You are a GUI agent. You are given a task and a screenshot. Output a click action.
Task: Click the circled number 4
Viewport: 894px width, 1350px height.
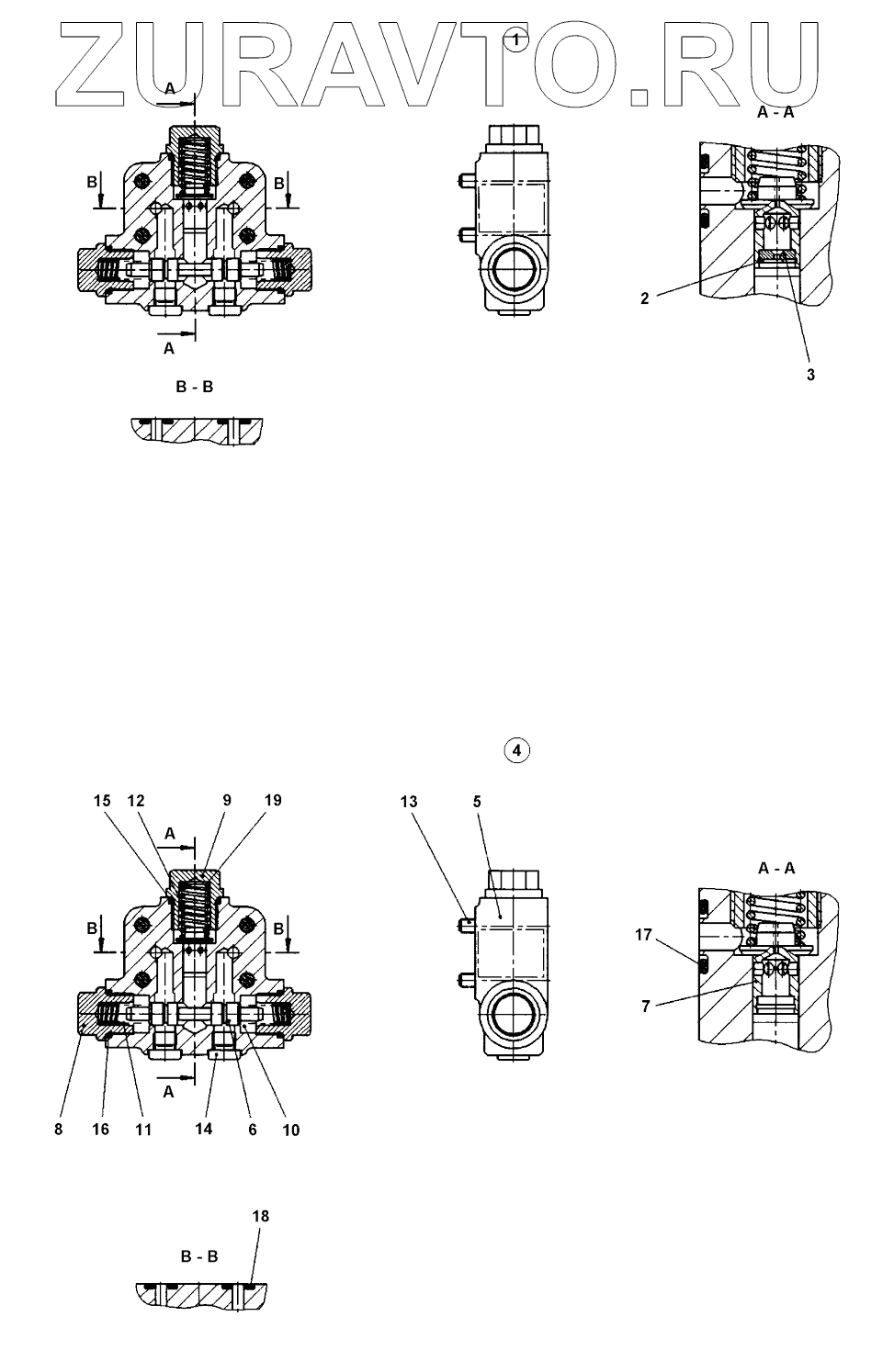point(517,750)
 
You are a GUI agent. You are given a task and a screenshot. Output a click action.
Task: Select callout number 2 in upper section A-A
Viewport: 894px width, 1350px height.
point(645,298)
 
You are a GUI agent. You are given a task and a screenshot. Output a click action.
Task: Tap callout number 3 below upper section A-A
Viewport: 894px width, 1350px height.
point(810,375)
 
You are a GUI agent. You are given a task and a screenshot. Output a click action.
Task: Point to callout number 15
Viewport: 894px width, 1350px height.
point(102,801)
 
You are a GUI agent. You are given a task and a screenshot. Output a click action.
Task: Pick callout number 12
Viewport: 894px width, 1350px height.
point(136,801)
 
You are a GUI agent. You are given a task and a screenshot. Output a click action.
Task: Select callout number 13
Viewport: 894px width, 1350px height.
point(409,802)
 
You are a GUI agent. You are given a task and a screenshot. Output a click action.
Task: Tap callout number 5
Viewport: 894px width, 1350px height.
point(477,802)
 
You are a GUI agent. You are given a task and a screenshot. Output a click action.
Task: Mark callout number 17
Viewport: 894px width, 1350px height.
point(643,935)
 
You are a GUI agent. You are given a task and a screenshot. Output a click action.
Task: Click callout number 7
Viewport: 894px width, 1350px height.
point(646,1007)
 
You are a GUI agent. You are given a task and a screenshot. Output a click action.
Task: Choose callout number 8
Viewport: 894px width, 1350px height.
point(58,1130)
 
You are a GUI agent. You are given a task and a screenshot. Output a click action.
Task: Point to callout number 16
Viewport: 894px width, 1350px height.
point(101,1130)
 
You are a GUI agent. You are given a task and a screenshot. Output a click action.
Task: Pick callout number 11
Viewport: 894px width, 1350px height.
point(143,1130)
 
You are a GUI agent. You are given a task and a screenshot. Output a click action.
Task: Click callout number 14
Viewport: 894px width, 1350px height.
point(203,1129)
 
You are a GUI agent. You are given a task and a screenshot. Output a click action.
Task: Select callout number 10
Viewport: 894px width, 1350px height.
point(290,1130)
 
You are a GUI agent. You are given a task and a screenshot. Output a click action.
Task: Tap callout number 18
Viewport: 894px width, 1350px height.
point(261,1216)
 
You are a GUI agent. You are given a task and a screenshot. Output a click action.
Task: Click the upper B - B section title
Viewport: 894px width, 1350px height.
point(195,387)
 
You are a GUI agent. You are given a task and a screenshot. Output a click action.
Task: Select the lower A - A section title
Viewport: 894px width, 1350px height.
point(776,867)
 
